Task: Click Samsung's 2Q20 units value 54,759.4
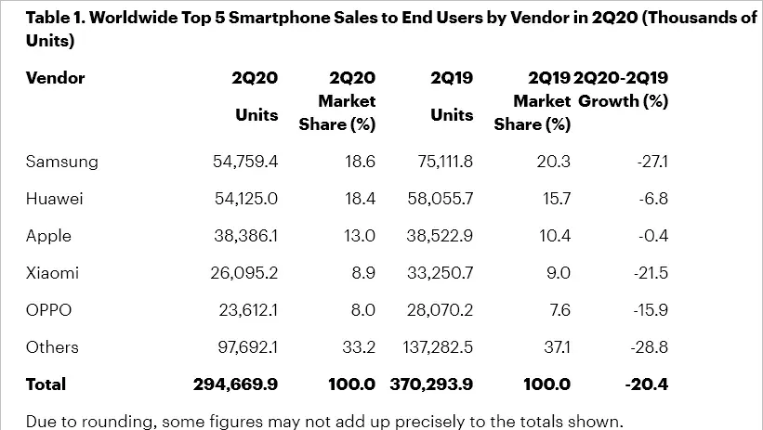tap(245, 162)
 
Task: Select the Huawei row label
tap(54, 199)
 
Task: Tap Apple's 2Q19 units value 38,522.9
tap(441, 236)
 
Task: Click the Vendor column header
tap(55, 78)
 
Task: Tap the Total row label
tap(46, 384)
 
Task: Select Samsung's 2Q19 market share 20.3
tap(554, 162)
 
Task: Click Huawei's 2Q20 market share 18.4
tap(358, 199)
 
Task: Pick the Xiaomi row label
tap(52, 273)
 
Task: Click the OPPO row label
tap(49, 310)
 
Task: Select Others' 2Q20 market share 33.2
tap(358, 347)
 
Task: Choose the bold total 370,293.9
tap(431, 384)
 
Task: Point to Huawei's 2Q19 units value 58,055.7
tap(441, 199)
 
